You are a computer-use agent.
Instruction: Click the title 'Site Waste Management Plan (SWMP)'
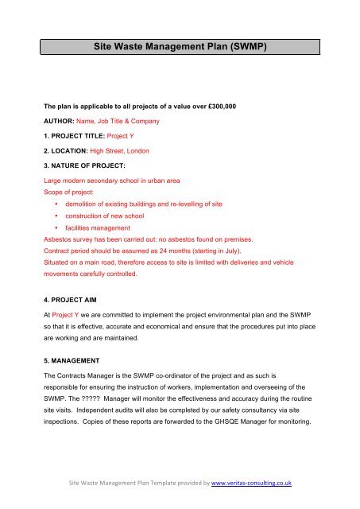pyautogui.click(x=180, y=47)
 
